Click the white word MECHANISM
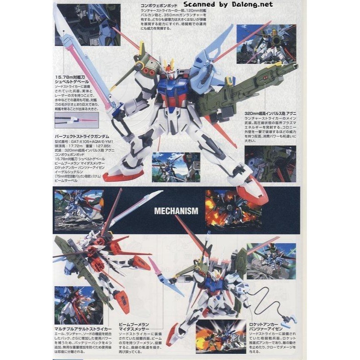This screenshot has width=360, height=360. (x=176, y=210)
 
